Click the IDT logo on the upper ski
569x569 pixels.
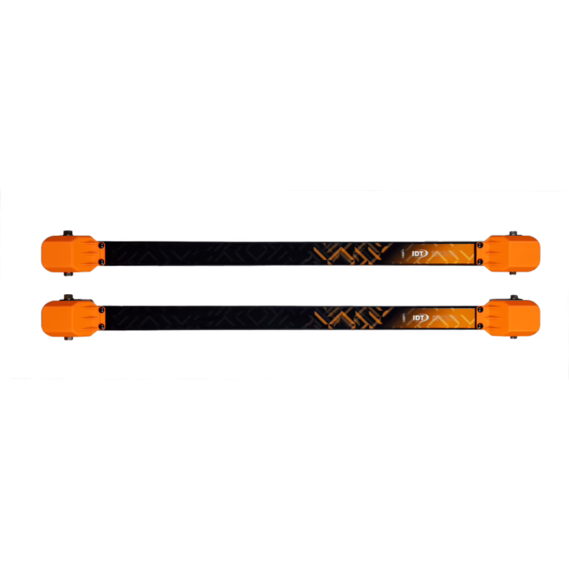[x=420, y=254]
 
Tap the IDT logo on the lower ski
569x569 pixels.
[x=420, y=318]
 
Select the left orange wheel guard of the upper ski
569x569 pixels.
[x=72, y=254]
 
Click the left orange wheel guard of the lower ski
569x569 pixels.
[x=72, y=319]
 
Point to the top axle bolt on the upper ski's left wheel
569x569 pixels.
[x=67, y=233]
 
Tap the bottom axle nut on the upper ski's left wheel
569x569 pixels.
[x=68, y=274]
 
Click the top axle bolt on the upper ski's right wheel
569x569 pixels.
[x=513, y=233]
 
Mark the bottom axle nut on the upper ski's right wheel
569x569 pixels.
[x=513, y=273]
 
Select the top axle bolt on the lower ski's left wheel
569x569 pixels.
[x=68, y=298]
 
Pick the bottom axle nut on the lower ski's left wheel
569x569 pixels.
[x=68, y=338]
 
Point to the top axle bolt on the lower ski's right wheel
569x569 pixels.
[x=514, y=298]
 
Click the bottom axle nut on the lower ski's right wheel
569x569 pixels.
[x=514, y=337]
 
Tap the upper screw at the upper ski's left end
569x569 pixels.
[x=102, y=245]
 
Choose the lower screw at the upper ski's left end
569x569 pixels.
[x=102, y=262]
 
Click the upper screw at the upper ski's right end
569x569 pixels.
[x=480, y=245]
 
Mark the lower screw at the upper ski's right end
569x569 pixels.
[x=480, y=261]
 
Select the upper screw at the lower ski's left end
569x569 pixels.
[x=102, y=311]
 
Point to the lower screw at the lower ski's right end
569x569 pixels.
[x=480, y=326]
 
